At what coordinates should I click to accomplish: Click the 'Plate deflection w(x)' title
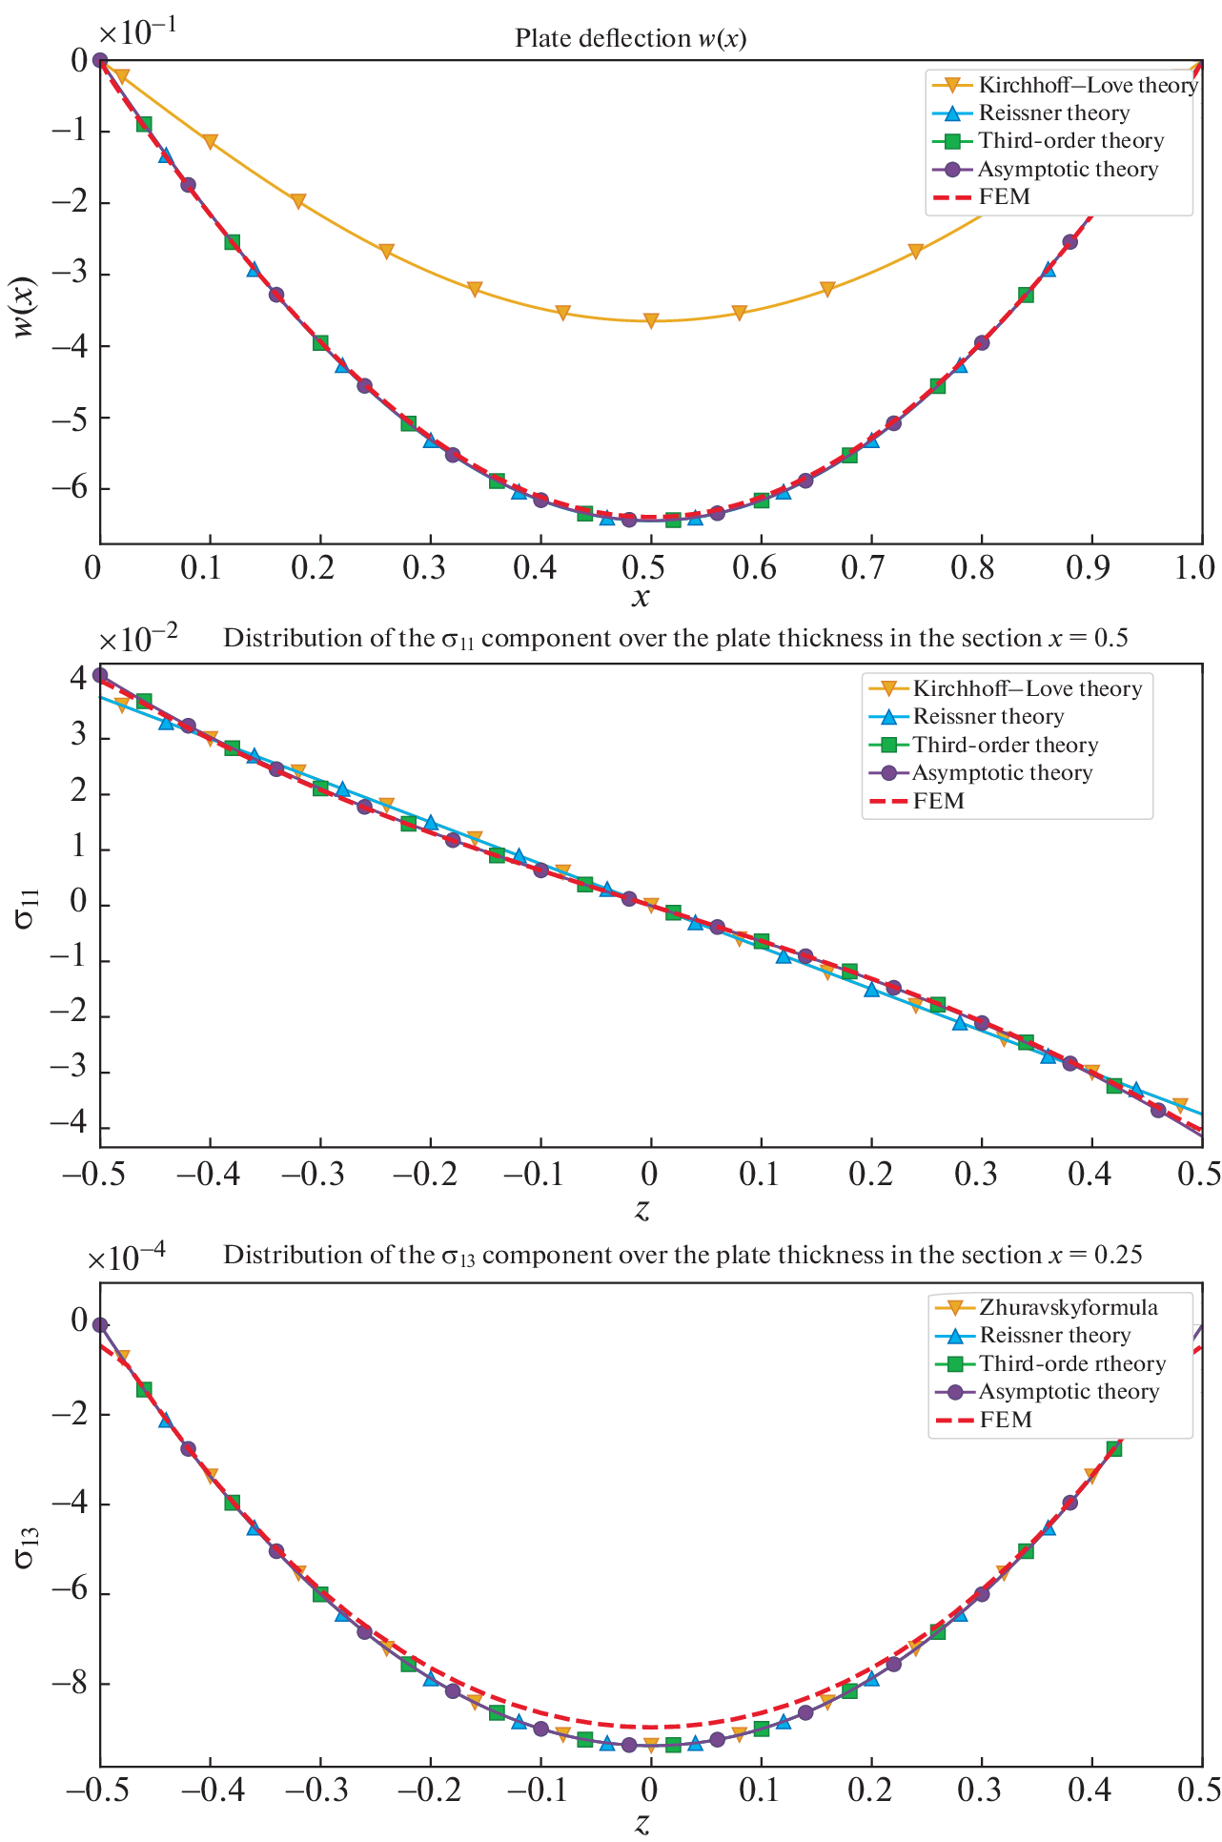(x=630, y=38)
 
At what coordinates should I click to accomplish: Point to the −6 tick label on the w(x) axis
(x=70, y=487)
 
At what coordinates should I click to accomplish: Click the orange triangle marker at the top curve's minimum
(x=651, y=320)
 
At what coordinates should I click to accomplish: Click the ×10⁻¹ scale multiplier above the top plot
(x=137, y=32)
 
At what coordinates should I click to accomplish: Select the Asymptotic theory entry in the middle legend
(x=1001, y=773)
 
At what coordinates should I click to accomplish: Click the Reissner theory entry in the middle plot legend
(x=988, y=717)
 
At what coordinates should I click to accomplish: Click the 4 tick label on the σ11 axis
(x=77, y=679)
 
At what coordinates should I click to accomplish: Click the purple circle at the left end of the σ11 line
(x=100, y=675)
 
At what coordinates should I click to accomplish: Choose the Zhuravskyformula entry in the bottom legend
(x=1068, y=1307)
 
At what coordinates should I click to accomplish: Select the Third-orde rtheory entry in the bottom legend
(x=1071, y=1364)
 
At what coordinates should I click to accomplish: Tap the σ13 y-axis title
(x=26, y=1545)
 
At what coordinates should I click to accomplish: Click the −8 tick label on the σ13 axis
(x=70, y=1685)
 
